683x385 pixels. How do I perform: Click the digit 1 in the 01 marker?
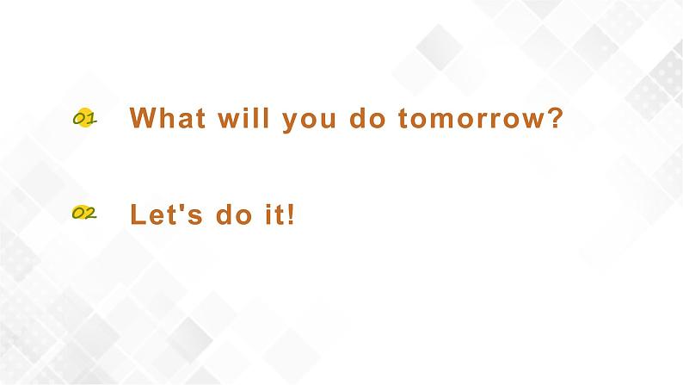[x=90, y=120]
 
